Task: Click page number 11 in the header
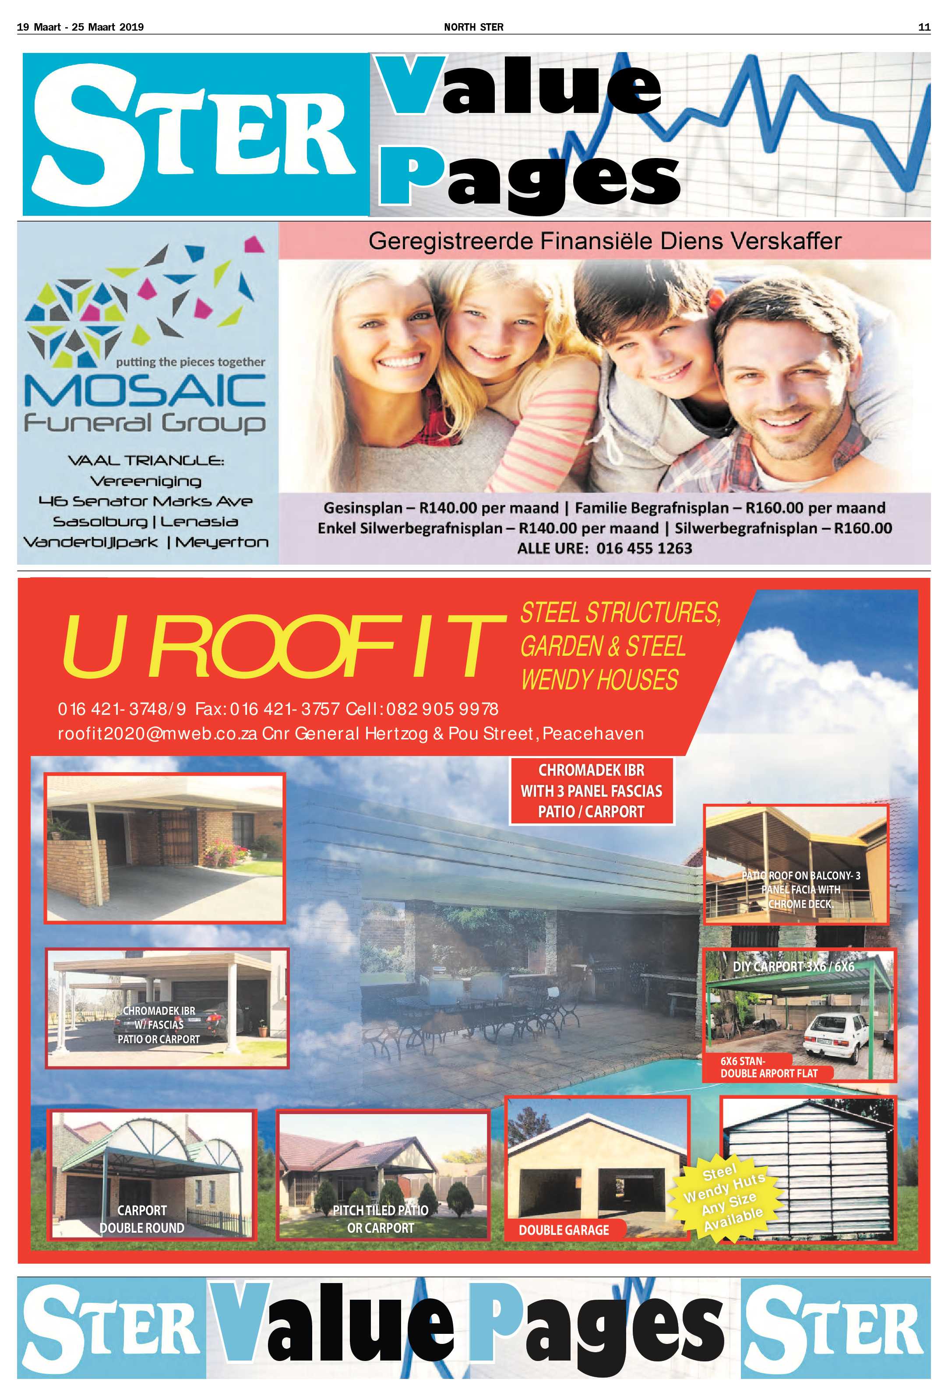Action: (924, 27)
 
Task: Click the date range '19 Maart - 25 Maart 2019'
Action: (81, 27)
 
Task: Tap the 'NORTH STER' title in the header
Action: (473, 27)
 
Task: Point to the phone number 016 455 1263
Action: (644, 549)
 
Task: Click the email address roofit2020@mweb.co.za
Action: (157, 733)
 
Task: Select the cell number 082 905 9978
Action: (442, 710)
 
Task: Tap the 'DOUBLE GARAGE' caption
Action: (564, 1230)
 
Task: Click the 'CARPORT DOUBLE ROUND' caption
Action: (142, 1220)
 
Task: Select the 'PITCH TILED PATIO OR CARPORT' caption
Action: (381, 1220)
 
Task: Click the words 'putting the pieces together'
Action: (190, 362)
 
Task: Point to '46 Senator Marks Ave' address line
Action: (145, 501)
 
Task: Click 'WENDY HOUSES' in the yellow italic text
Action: (599, 680)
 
